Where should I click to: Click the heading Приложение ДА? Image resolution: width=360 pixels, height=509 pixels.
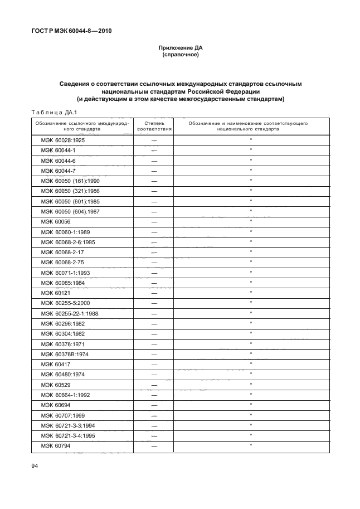point(180,49)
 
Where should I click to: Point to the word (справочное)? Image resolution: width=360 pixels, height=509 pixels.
point(180,56)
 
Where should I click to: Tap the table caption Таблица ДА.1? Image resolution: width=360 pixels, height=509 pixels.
point(47,112)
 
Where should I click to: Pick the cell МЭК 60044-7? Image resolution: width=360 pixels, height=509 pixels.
point(58,171)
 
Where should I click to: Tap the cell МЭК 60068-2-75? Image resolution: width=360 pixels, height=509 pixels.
point(61,261)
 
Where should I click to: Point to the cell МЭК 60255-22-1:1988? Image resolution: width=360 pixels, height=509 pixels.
point(69,313)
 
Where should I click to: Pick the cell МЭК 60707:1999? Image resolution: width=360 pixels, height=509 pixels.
point(63,415)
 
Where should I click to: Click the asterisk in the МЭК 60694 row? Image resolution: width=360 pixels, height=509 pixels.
point(251,404)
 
